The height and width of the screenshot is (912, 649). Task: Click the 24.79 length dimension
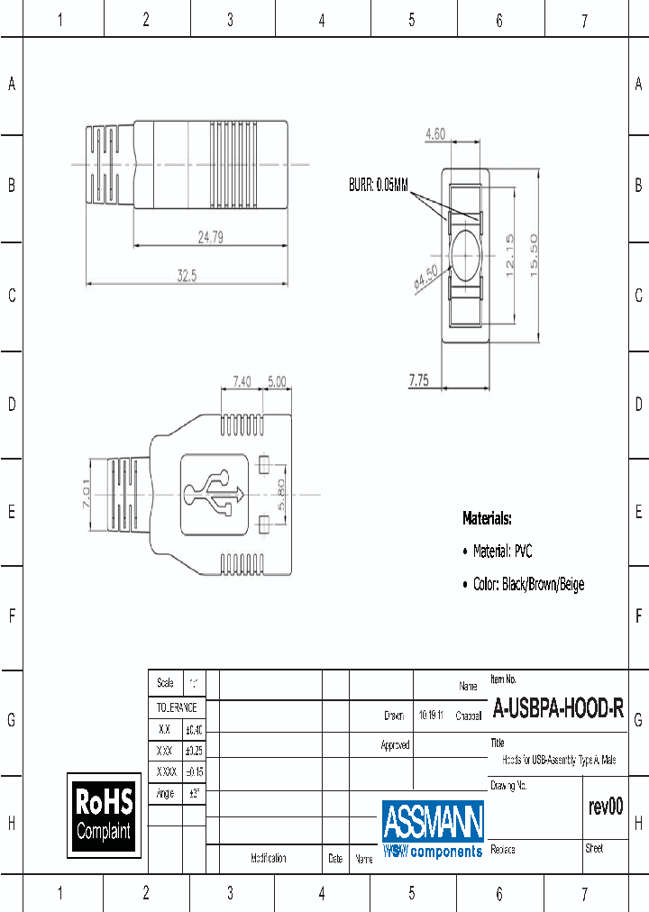click(211, 238)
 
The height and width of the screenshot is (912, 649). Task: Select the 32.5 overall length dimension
click(187, 277)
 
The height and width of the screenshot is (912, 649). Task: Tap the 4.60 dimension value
click(435, 134)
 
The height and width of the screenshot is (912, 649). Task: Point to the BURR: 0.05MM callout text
click(379, 186)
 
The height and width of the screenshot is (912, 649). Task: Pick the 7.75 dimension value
click(418, 380)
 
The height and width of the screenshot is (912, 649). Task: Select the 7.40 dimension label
click(242, 382)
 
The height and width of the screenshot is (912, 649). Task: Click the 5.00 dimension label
click(276, 382)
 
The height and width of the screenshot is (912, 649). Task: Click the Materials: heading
click(487, 519)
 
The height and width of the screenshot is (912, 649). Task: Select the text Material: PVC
click(502, 552)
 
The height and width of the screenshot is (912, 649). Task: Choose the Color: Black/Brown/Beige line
click(528, 585)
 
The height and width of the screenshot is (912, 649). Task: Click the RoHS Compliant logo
click(104, 815)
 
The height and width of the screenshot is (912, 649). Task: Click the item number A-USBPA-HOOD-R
click(558, 710)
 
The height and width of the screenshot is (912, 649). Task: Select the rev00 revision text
click(605, 807)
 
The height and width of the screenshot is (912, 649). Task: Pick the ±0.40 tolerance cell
click(194, 730)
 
